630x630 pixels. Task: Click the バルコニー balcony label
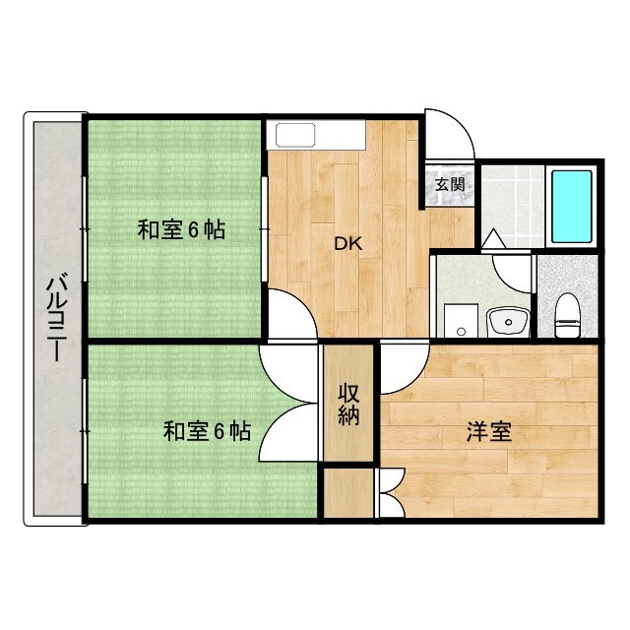pyautogui.click(x=56, y=320)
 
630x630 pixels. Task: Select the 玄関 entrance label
pyautogui.click(x=451, y=183)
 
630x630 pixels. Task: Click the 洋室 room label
pyautogui.click(x=488, y=431)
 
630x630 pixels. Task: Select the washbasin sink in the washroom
pyautogui.click(x=509, y=320)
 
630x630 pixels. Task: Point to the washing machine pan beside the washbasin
pyautogui.click(x=458, y=320)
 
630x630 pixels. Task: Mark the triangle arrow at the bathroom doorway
pyautogui.click(x=491, y=239)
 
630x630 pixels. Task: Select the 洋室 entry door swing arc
pyautogui.click(x=404, y=369)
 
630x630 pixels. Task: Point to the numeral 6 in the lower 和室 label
pyautogui.click(x=220, y=431)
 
